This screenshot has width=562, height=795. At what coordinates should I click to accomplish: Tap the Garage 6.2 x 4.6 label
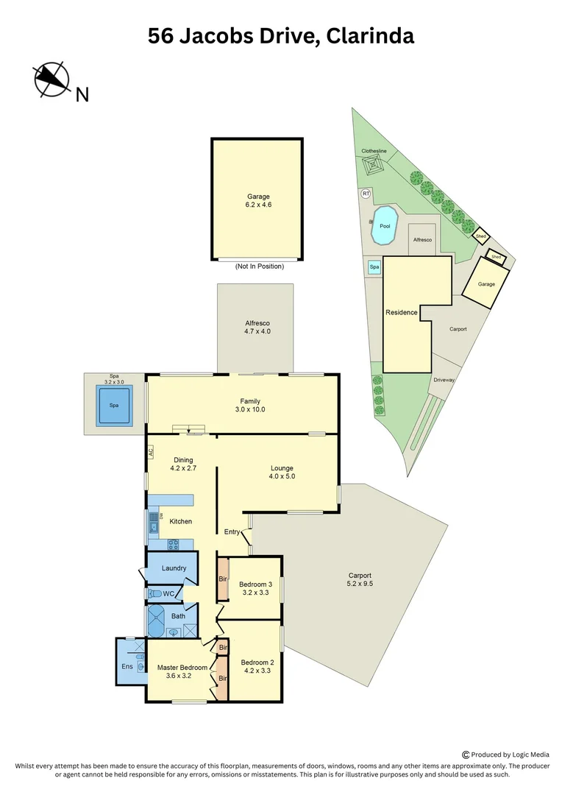[x=258, y=202]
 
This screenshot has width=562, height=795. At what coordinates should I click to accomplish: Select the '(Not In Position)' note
[x=259, y=266]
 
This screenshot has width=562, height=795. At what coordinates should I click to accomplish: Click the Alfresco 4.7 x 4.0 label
[x=257, y=327]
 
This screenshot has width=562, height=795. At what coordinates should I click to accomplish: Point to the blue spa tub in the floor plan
[x=114, y=406]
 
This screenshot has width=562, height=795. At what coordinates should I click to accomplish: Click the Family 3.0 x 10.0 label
[x=250, y=405]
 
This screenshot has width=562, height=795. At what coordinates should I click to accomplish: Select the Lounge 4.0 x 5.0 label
[x=282, y=472]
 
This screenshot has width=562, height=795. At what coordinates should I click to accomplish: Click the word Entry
[x=232, y=531]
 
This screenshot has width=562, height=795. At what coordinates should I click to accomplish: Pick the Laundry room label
[x=174, y=568]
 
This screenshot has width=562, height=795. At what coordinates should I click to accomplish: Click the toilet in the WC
[x=154, y=593]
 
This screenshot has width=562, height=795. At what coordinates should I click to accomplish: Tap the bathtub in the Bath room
[x=157, y=622]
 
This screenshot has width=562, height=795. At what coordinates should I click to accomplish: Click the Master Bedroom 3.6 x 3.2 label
[x=182, y=672]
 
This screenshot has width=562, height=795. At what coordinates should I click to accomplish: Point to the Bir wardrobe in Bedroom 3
[x=223, y=579]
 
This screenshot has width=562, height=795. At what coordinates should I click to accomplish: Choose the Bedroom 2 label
[x=256, y=666]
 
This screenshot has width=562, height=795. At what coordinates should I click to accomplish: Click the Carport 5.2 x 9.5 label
[x=360, y=580]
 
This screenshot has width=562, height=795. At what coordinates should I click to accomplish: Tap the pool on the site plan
[x=384, y=226]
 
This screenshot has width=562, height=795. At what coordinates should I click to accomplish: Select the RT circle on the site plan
[x=365, y=194]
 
